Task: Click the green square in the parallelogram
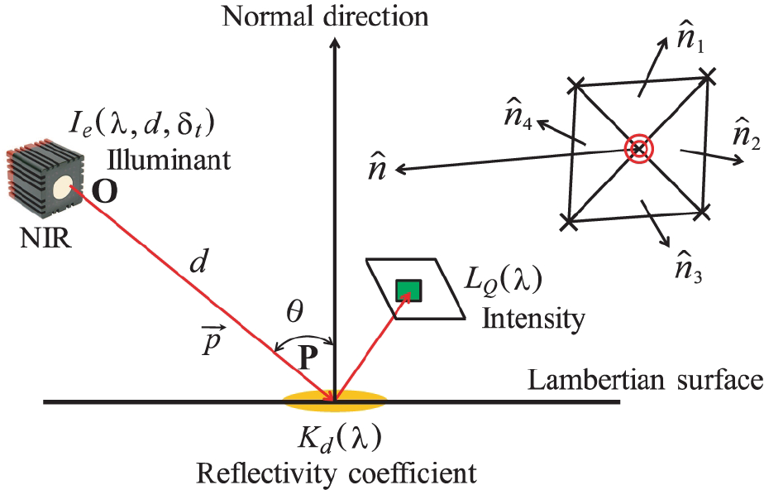tap(408, 291)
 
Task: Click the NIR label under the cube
tap(45, 239)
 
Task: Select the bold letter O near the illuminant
tap(105, 192)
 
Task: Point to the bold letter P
tap(308, 359)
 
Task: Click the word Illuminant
tap(169, 160)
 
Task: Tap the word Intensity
tap(533, 319)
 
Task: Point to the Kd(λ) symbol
tap(340, 438)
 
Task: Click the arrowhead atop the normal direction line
tap(334, 42)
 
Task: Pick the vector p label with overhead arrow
tap(212, 342)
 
